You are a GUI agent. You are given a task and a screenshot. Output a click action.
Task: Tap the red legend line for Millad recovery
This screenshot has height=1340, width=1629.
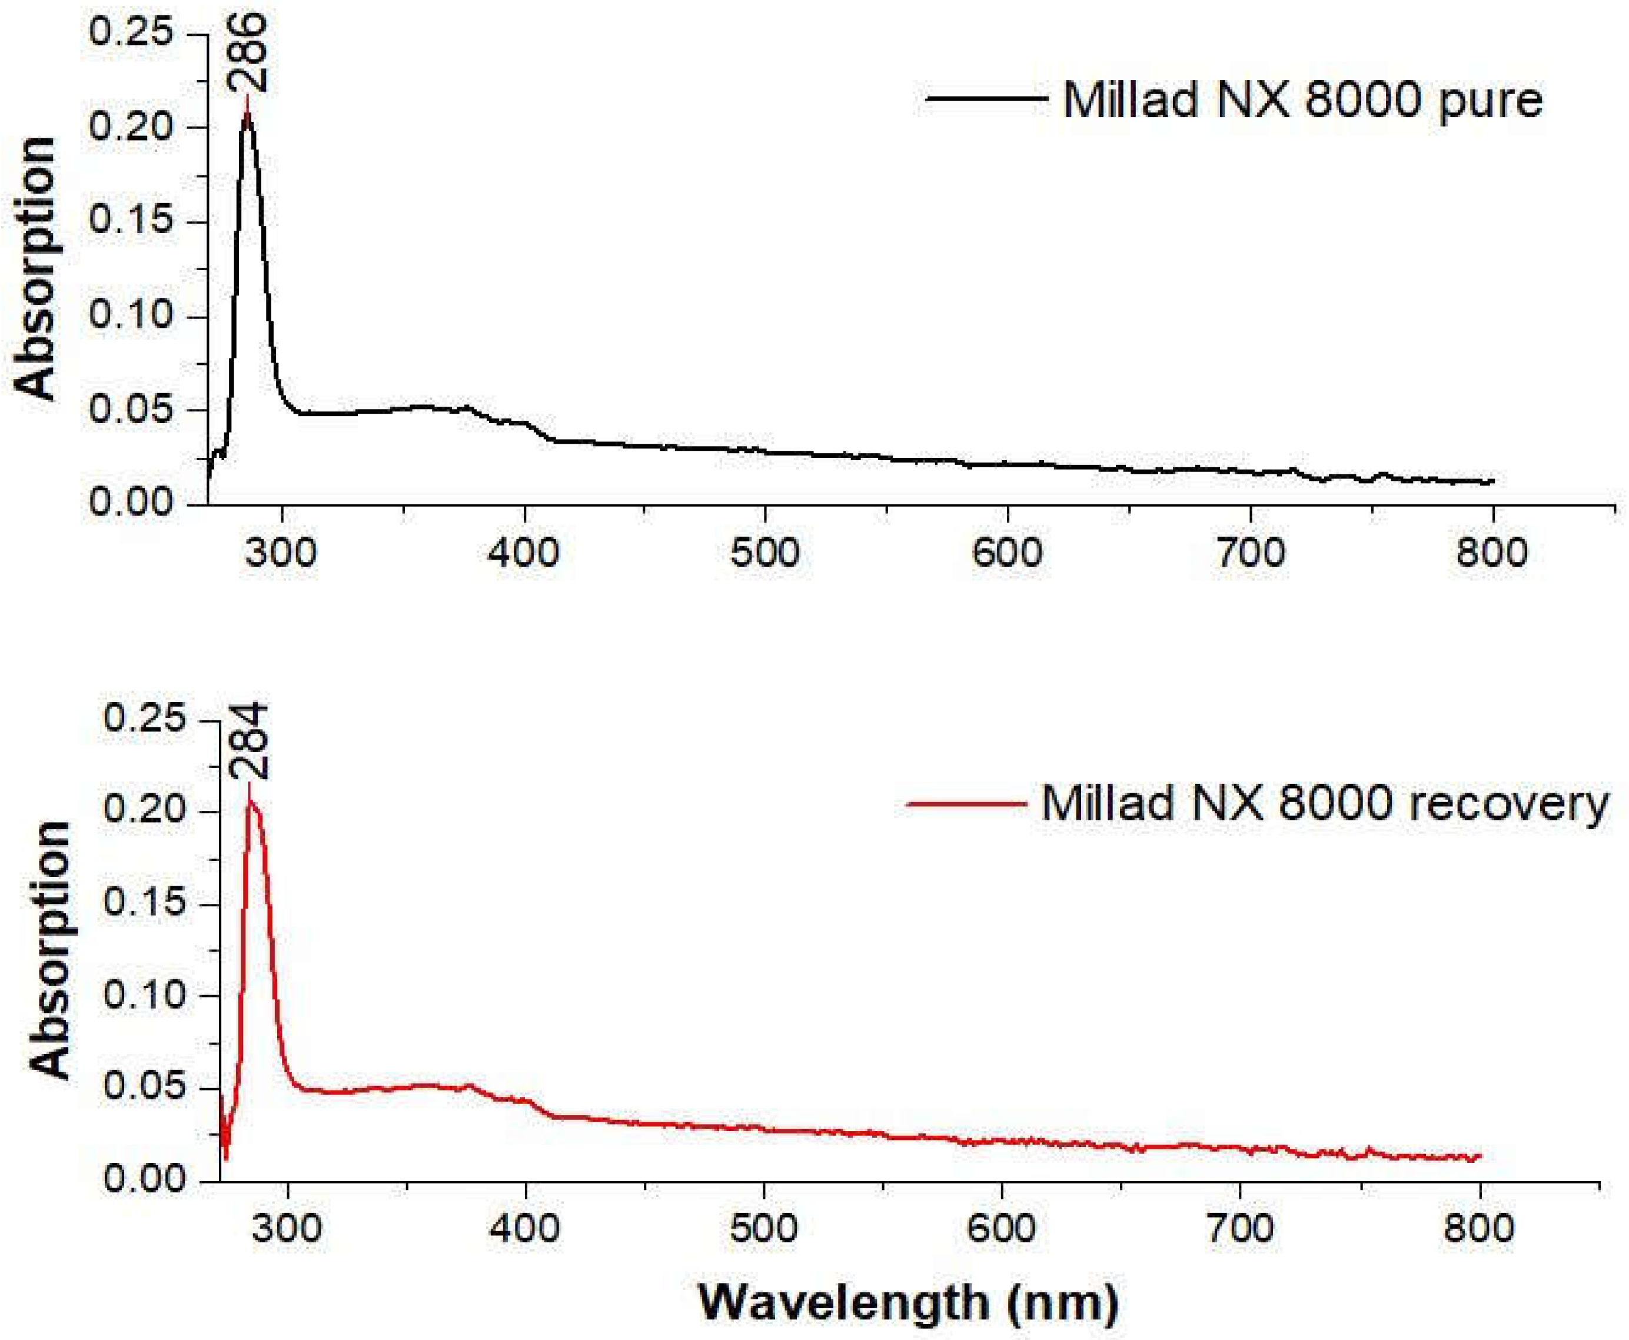click(966, 803)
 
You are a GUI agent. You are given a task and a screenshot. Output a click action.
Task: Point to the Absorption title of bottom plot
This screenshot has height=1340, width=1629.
click(50, 949)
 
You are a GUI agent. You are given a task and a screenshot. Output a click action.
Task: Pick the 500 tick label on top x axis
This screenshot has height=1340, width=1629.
click(764, 553)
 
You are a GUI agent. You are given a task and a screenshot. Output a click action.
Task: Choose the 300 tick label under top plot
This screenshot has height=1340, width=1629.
click(282, 553)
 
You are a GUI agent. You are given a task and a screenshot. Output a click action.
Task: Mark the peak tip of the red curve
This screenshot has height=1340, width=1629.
click(248, 785)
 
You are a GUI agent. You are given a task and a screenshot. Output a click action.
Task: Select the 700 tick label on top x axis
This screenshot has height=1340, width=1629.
click(1249, 553)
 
